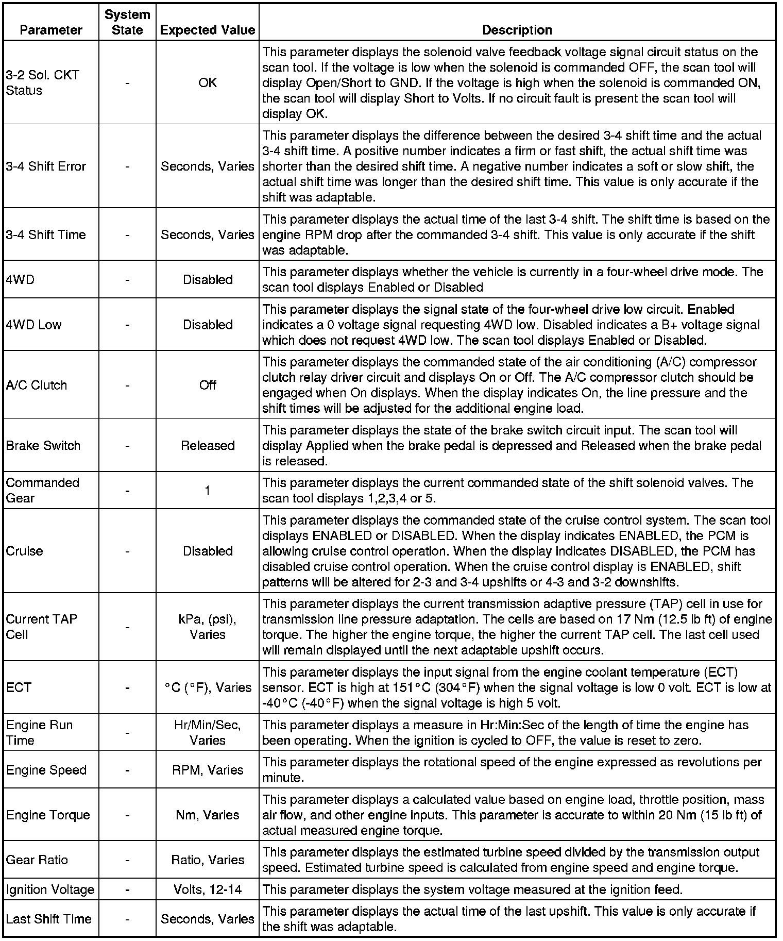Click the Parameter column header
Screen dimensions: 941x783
click(x=50, y=30)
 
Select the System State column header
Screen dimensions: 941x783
click(x=127, y=22)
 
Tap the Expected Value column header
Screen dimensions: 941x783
click(x=208, y=30)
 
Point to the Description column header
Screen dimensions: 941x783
click(x=517, y=30)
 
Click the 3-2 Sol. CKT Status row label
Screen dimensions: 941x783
click(x=42, y=82)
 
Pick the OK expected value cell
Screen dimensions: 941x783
click(x=208, y=82)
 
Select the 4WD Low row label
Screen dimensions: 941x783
click(x=33, y=325)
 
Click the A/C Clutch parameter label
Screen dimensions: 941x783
click(x=36, y=385)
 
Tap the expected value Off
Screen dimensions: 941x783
click(x=208, y=385)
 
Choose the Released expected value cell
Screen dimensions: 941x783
click(x=208, y=445)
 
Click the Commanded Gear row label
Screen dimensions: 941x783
click(x=42, y=490)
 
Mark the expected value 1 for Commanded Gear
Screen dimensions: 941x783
click(x=208, y=491)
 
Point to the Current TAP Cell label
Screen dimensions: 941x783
click(x=41, y=627)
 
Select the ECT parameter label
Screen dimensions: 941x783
click(x=19, y=687)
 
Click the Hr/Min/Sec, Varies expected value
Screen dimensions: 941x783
click(x=208, y=732)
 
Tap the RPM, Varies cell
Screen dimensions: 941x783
click(x=208, y=770)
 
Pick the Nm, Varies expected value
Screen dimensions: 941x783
click(x=208, y=815)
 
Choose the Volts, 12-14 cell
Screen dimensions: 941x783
click(x=208, y=889)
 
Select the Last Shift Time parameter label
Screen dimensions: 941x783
click(x=48, y=919)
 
